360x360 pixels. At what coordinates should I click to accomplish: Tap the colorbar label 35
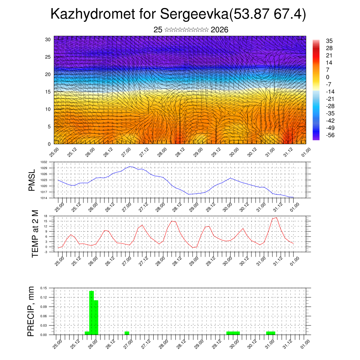click(329, 41)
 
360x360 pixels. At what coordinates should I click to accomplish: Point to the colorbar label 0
click(328, 77)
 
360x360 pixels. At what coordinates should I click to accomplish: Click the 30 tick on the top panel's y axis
click(48, 39)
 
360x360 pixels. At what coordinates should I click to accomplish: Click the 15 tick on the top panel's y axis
click(48, 92)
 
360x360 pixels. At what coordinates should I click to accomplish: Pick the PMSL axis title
click(32, 180)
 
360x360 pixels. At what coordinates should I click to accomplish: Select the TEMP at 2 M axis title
click(35, 234)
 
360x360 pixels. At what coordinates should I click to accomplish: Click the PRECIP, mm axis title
click(32, 311)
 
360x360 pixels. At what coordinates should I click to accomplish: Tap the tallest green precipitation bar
click(91, 312)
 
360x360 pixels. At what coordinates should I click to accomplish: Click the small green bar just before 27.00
click(127, 333)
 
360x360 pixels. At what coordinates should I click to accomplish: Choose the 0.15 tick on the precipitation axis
click(44, 288)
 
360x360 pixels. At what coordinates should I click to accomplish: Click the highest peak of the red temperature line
click(276, 218)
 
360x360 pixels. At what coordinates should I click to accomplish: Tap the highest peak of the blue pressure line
click(130, 167)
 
